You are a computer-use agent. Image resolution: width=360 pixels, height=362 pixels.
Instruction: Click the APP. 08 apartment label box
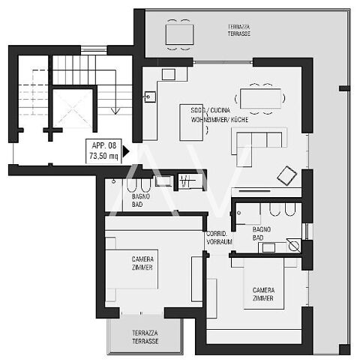[103, 151]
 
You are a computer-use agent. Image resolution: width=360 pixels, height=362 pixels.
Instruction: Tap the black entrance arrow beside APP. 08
[126, 151]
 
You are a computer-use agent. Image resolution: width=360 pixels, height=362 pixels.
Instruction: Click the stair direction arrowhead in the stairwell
[115, 111]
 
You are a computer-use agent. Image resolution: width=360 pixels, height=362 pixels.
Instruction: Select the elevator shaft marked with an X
[73, 108]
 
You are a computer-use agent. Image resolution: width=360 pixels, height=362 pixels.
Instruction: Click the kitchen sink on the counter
[150, 97]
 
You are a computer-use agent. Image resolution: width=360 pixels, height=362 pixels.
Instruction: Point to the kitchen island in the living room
[191, 122]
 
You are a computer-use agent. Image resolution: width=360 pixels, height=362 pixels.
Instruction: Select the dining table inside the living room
[260, 98]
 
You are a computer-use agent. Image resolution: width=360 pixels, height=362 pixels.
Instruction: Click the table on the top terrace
[179, 34]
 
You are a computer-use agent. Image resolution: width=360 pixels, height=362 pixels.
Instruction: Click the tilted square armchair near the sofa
[287, 175]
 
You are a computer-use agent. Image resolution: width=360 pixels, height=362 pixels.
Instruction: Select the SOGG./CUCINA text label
[211, 110]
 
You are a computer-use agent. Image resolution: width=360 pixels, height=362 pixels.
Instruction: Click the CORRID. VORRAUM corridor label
[219, 238]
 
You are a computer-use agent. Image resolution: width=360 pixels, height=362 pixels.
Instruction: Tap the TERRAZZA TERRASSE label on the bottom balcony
[145, 337]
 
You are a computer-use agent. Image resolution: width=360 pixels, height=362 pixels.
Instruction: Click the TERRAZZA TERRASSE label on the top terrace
[239, 30]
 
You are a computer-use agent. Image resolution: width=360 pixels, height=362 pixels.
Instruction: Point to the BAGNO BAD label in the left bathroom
[141, 200]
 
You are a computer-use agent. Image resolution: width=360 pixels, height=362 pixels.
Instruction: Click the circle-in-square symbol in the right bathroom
[294, 246]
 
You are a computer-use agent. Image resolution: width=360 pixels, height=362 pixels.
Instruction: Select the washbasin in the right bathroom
[268, 247]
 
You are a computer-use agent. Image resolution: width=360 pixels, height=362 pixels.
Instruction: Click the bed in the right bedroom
[264, 283]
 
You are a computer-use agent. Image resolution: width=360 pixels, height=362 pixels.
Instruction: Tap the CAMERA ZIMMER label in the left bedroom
[142, 263]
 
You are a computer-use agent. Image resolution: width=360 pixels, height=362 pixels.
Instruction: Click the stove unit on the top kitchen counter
[168, 74]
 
